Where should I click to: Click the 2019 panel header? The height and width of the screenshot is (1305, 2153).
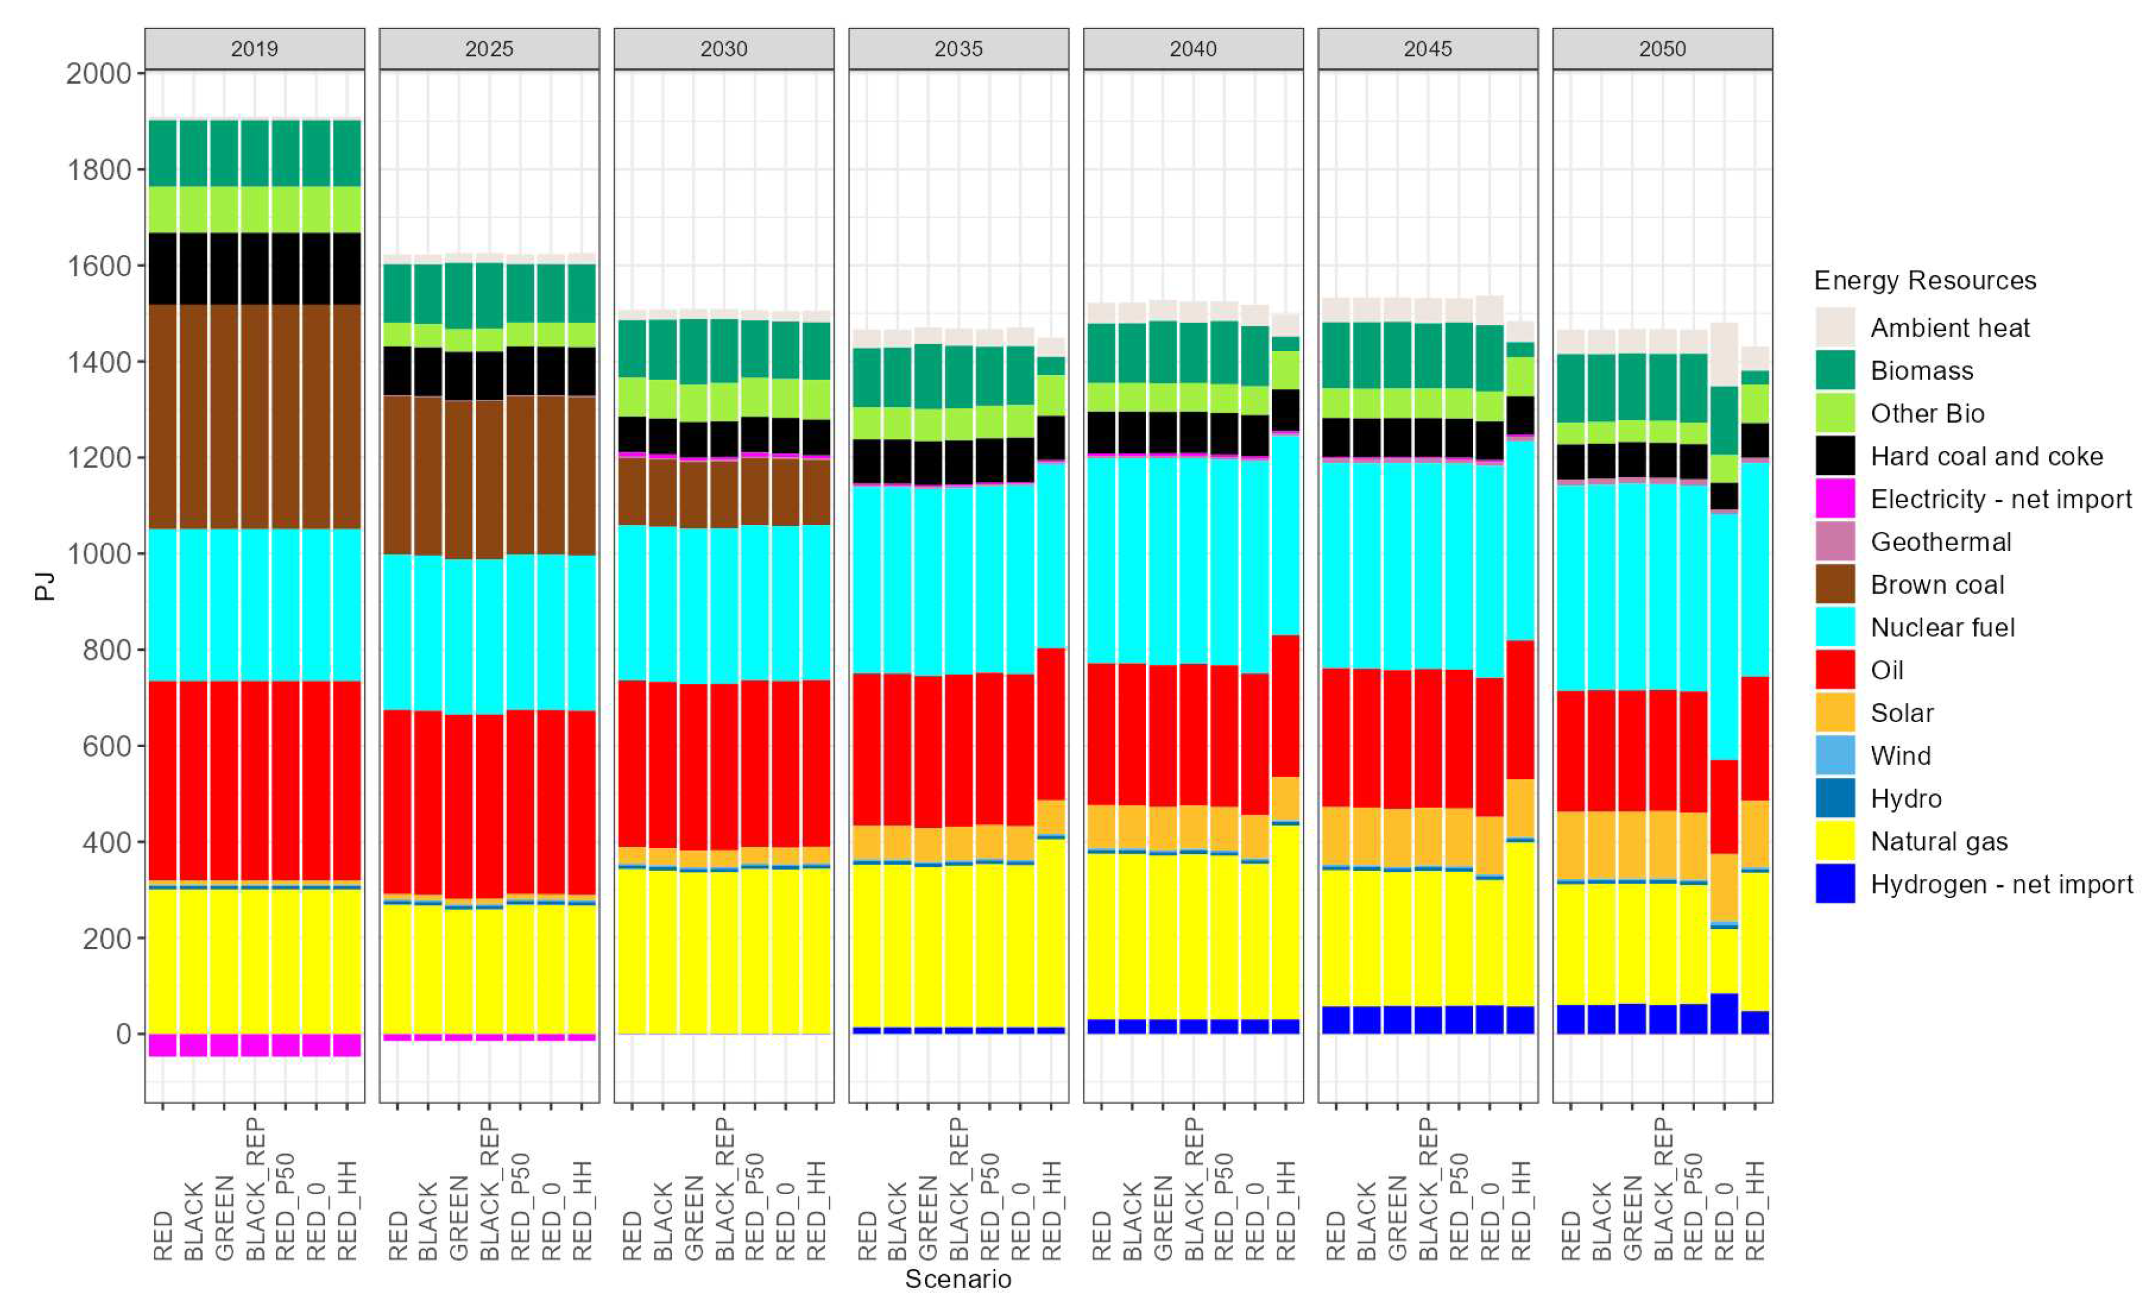(254, 49)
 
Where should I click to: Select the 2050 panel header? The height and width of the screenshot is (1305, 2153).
(1662, 49)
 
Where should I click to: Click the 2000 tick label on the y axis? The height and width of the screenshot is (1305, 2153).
(99, 73)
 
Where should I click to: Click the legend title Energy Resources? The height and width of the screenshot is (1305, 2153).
(1925, 280)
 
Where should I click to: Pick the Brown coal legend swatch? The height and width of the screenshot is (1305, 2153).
(1835, 584)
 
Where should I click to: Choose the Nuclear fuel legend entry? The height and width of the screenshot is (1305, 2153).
(1942, 628)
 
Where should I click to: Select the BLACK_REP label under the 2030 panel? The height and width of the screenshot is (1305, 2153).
(724, 1189)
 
